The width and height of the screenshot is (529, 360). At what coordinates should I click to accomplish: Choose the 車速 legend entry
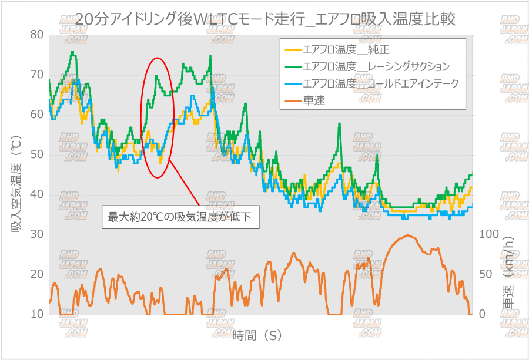[x=314, y=100]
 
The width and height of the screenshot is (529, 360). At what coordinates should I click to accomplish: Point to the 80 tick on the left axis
[x=37, y=35]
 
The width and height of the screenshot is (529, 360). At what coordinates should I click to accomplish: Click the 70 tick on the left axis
[x=37, y=75]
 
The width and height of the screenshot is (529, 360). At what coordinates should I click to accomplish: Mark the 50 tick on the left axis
[x=37, y=154]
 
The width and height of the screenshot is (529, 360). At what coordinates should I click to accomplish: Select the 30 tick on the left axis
[x=37, y=234]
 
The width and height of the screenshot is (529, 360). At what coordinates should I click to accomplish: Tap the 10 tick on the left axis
[x=37, y=314]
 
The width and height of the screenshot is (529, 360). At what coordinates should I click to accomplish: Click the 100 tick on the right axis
[x=489, y=234]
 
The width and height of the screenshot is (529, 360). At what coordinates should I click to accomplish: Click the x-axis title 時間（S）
[x=257, y=336]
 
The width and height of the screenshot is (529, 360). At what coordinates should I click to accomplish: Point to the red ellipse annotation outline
[x=142, y=117]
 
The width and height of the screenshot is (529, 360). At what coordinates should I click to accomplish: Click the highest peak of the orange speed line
[x=408, y=235]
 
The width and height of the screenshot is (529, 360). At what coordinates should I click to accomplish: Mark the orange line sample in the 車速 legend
[x=292, y=100]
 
